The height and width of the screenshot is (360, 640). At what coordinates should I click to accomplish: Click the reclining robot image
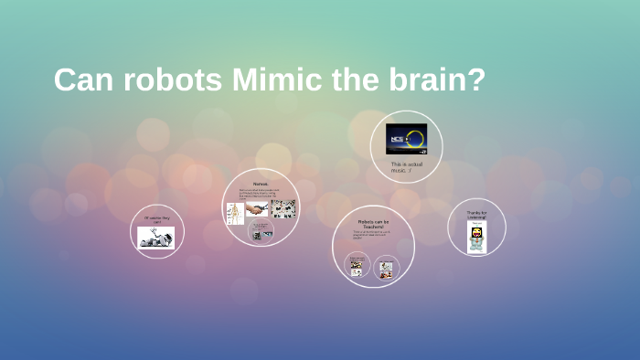[156, 238]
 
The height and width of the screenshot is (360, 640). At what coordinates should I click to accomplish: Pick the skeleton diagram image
[234, 212]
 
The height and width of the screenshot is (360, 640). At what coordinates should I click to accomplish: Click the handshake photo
[257, 208]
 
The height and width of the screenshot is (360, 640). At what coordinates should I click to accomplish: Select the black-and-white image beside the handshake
[283, 208]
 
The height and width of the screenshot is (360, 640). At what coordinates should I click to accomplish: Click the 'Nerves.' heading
[261, 184]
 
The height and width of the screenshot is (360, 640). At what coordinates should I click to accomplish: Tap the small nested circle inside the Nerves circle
[262, 232]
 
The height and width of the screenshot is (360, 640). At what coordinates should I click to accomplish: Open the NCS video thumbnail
[406, 139]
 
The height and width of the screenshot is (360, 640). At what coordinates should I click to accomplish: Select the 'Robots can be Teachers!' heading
[373, 223]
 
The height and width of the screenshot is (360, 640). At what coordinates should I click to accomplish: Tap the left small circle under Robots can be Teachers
[357, 267]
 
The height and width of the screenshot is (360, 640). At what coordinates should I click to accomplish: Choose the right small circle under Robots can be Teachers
[386, 269]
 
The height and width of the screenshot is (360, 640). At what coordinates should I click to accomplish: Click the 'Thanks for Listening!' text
[476, 215]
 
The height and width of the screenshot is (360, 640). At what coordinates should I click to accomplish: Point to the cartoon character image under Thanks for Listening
[476, 237]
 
